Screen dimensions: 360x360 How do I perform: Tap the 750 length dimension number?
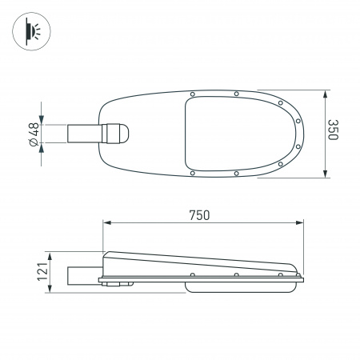click(199, 214)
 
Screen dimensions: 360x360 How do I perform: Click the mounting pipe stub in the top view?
click(84, 134)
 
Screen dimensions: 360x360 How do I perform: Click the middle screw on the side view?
click(237, 276)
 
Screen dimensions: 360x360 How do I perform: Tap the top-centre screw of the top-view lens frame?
click(237, 94)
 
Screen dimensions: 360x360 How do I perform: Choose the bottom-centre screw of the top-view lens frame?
click(237, 173)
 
